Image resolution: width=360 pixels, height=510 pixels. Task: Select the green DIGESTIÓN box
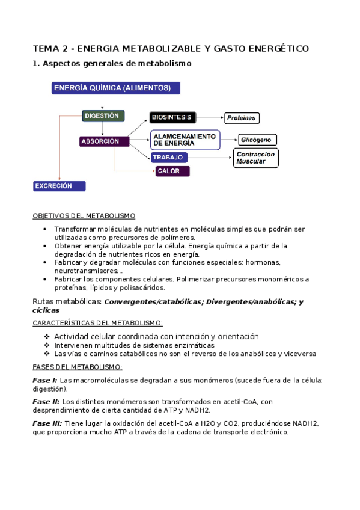[103, 115]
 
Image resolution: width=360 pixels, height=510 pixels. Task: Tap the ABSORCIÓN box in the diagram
[104, 141]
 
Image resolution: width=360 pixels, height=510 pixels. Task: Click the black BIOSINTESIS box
[172, 118]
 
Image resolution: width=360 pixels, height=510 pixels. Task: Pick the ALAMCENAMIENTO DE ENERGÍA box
[185, 140]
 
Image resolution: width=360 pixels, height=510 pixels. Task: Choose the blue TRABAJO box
[169, 158]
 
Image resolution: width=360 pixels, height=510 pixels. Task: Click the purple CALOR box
[172, 171]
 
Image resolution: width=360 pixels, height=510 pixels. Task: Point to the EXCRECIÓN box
[59, 186]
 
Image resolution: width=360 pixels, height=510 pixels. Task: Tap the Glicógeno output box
[258, 140]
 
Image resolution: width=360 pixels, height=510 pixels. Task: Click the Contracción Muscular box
[255, 158]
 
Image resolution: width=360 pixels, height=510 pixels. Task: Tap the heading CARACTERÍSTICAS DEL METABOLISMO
[97, 323]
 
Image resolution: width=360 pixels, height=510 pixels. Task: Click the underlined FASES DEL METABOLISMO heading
[77, 367]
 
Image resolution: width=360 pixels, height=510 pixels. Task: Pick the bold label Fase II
[46, 402]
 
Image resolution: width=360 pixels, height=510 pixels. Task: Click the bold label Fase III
[47, 423]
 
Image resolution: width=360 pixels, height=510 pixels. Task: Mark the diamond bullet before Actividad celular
[47, 336]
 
